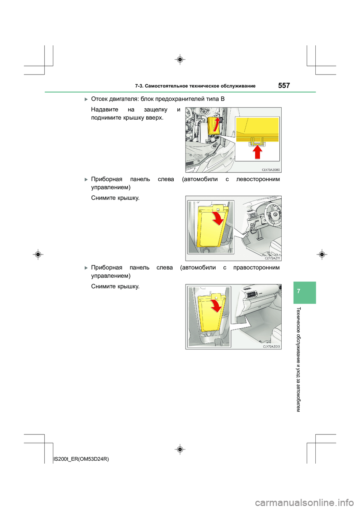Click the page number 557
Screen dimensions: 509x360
point(284,85)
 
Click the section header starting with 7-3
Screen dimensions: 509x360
point(195,86)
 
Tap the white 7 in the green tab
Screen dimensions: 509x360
point(298,291)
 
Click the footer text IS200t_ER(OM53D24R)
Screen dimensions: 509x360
point(81,459)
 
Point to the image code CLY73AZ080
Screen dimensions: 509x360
point(270,170)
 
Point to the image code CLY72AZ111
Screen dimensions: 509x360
point(272,258)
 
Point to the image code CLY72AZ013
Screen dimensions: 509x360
point(271,347)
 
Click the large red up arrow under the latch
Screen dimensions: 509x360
point(257,152)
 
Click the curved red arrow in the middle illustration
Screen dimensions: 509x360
point(217,219)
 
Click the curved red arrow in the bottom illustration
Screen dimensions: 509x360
point(216,305)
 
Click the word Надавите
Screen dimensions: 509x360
point(105,109)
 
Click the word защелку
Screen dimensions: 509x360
point(156,109)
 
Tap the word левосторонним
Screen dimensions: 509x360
point(258,179)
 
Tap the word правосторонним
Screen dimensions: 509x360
point(256,268)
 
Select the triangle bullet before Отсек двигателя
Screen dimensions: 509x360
point(86,99)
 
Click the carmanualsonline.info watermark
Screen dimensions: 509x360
point(304,502)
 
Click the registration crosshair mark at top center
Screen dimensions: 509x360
point(180,60)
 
